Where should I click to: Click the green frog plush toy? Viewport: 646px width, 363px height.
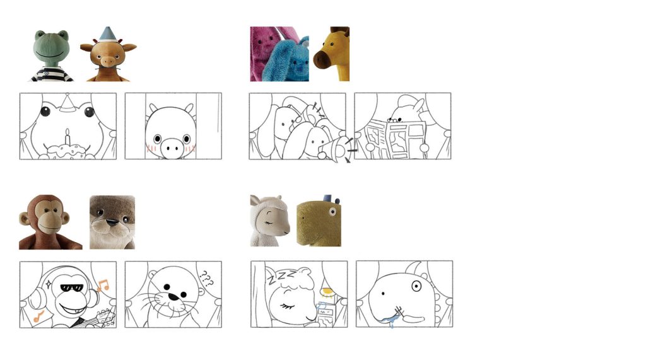[x=51, y=55]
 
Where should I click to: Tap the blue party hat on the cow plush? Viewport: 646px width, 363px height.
[x=107, y=34]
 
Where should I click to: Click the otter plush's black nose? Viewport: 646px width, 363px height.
[x=112, y=222]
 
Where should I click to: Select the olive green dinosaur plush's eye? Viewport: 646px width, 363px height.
[x=332, y=212]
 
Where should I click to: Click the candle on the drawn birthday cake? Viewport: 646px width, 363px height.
[x=68, y=137]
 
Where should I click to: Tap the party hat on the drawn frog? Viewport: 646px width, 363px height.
[x=67, y=103]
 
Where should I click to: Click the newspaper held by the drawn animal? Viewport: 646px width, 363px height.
[x=395, y=139]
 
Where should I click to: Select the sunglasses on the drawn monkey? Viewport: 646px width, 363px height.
[x=73, y=287]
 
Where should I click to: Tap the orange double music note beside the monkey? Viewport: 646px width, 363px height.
[x=103, y=285]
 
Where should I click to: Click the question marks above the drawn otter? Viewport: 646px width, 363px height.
[x=206, y=279]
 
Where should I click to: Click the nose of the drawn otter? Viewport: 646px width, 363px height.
[x=174, y=297]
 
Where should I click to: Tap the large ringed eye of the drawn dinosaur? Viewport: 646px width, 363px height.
[x=416, y=286]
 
